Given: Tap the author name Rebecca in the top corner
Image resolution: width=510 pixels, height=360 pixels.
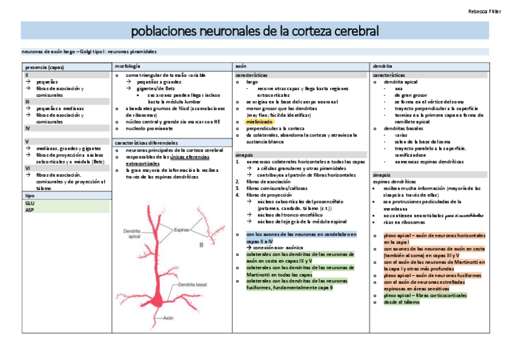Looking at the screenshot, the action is pos(478,11).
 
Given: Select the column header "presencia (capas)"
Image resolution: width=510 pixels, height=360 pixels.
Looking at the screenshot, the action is pos(43,67).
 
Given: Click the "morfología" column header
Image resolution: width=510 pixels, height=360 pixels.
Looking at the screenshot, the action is pos(127,66).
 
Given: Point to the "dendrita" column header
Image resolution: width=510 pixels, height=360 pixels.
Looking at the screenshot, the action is pos(383,66).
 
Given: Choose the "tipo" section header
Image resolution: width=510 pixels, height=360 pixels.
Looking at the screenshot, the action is pos(30,196).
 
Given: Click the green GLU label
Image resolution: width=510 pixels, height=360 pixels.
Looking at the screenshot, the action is pos(30,203).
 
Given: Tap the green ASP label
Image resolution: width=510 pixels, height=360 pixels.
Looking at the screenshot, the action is pos(29,210).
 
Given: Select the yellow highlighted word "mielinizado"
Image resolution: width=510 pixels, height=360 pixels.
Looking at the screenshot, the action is pos(260,121).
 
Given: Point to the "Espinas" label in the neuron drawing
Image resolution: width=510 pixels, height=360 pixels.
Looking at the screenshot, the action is pos(182,230).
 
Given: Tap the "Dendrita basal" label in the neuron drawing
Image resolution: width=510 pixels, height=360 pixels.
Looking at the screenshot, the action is pos(200,284).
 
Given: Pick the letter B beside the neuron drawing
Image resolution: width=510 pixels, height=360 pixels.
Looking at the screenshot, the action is pos(201,245).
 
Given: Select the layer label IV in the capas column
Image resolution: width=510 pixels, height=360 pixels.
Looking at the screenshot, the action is pos(28,129).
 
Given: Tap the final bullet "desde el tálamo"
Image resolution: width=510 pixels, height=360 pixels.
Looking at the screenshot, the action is pos(402,302).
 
